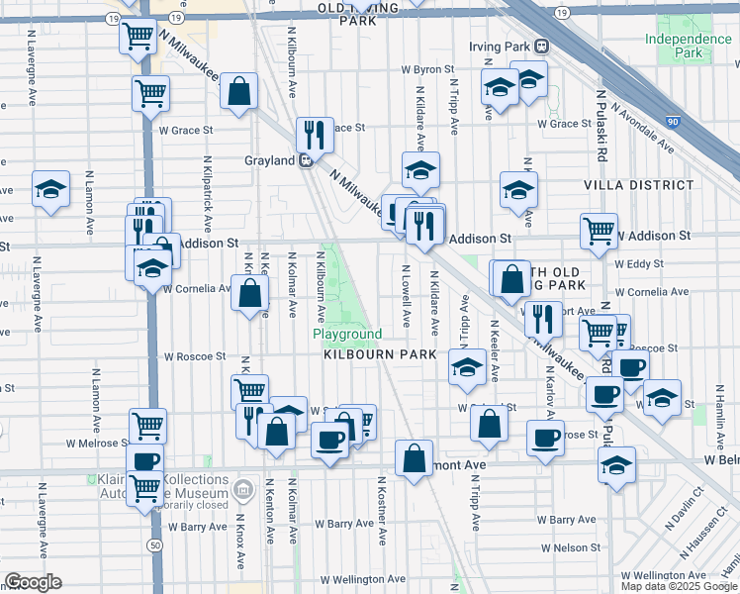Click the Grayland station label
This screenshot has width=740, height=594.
click(270, 160)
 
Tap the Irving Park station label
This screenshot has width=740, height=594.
click(500, 47)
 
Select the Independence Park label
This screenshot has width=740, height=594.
click(688, 46)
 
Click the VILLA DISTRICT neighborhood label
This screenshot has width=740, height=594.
click(638, 185)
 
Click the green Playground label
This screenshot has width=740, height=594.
click(347, 335)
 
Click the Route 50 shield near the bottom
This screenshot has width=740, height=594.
click(154, 544)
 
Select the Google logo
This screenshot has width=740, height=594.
click(34, 582)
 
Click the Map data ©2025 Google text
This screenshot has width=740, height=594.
click(678, 586)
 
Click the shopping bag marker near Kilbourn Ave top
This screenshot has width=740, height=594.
click(238, 92)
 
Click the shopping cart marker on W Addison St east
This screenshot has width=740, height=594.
click(599, 233)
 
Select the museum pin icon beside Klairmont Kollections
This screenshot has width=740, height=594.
click(243, 486)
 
